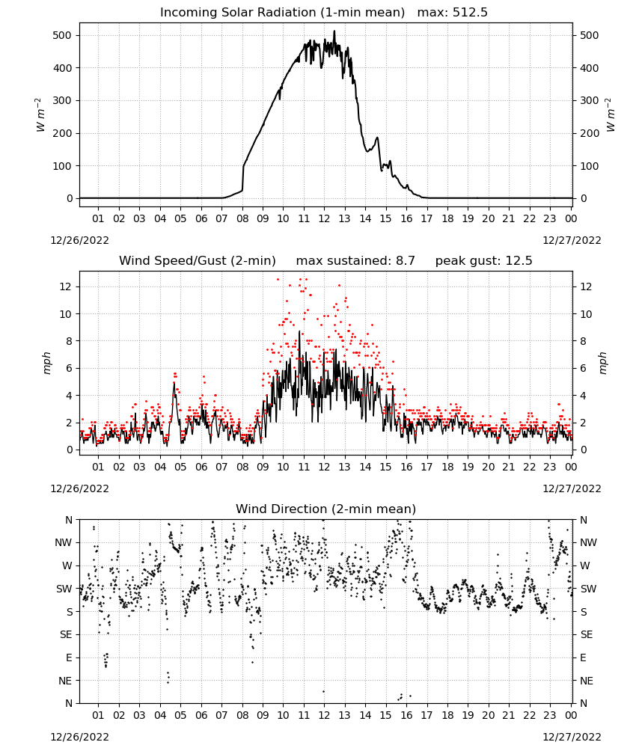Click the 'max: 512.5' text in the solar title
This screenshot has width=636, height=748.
[x=453, y=13]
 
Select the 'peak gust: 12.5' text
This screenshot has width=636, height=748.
[x=483, y=261]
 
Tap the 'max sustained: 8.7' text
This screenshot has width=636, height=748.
[x=355, y=261]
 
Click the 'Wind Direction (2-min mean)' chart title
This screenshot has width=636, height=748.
[x=326, y=509]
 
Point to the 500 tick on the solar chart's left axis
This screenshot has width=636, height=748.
[x=62, y=35]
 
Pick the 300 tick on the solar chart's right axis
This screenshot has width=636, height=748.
[x=590, y=101]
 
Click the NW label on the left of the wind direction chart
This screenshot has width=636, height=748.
[x=64, y=543]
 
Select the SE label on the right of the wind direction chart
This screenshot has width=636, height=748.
[x=587, y=635]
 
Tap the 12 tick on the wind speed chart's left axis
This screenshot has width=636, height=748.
[x=66, y=286]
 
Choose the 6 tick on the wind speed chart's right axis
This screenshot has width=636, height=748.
[x=583, y=368]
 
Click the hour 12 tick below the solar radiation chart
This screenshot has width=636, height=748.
[x=324, y=218]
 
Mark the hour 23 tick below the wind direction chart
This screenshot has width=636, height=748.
[x=550, y=715]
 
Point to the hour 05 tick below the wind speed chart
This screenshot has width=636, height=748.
[x=180, y=467]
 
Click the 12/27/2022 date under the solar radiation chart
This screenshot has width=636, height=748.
[x=572, y=240]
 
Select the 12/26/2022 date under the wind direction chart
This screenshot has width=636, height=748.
[x=79, y=737]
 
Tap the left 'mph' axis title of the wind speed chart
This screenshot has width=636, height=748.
[x=46, y=363]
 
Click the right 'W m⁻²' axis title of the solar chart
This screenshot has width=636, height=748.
[x=611, y=115]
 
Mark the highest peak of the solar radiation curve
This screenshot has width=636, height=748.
[x=334, y=31]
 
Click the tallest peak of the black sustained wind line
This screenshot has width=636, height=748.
[x=299, y=331]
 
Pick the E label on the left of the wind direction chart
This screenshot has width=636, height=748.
[x=69, y=657]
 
